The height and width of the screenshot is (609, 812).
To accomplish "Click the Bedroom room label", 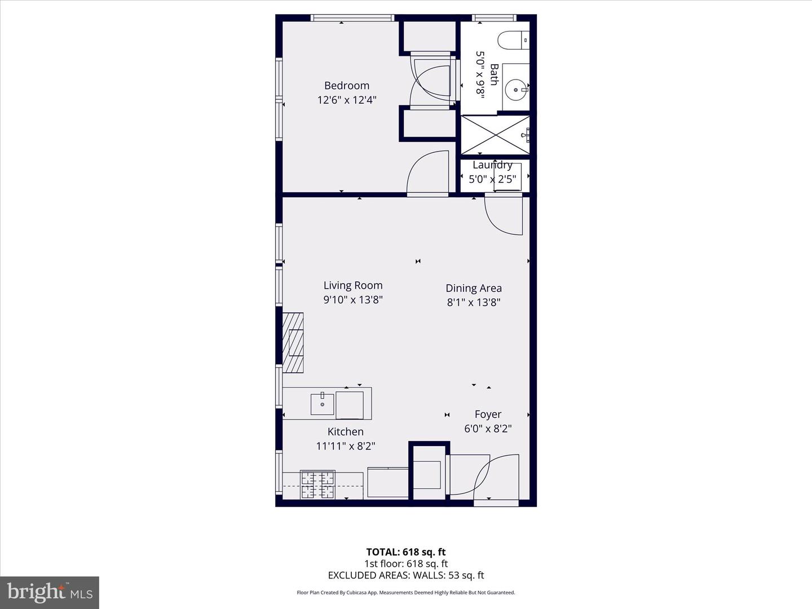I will pos(346,86).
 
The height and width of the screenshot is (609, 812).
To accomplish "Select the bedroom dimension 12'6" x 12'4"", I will pos(346,100).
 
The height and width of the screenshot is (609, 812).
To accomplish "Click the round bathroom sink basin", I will pos(515,89).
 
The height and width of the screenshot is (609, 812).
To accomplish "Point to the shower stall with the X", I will pos(495,135).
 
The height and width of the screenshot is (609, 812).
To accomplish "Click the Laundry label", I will pos(492,165).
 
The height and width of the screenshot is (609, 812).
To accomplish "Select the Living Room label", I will pos(352,285).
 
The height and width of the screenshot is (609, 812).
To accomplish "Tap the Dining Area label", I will pos(473,288).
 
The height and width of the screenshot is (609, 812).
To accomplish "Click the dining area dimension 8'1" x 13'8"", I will pos(473,302).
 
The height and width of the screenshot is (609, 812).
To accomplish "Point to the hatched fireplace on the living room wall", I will pos(293,343).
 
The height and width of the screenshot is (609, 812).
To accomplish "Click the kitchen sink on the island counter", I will pos(323,403).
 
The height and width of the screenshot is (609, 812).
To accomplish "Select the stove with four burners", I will pos(317,485).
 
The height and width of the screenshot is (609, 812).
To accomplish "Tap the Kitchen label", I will pos(345,432).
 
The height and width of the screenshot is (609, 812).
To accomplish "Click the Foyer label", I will pos(488,414).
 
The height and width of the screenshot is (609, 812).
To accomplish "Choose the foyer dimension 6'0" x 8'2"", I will pos(488,429).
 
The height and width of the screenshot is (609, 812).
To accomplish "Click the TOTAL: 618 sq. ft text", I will pos(405,552).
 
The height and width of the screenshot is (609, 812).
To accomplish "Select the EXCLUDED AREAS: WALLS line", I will pos(405,575).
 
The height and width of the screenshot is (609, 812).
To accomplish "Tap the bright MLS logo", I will pos(50,592).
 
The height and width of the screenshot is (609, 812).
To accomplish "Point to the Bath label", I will pos(495,74).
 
